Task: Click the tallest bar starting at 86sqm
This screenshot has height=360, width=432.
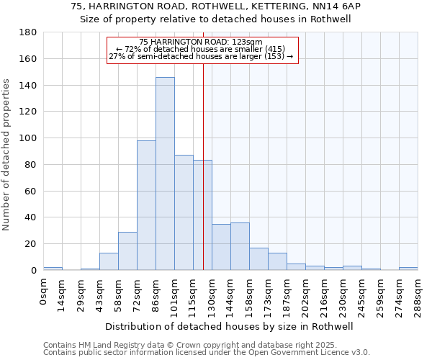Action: (x=165, y=174)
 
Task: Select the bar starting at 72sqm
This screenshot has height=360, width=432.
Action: (x=146, y=205)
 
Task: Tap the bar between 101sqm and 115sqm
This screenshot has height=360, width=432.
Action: (x=184, y=212)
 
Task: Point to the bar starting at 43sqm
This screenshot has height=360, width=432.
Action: (x=109, y=261)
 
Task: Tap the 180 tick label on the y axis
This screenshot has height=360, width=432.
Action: (x=29, y=32)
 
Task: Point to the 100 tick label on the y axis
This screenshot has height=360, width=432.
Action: (x=29, y=138)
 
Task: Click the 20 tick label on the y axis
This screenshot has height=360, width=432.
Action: (x=32, y=244)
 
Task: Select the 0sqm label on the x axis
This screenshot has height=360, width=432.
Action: (x=43, y=291)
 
